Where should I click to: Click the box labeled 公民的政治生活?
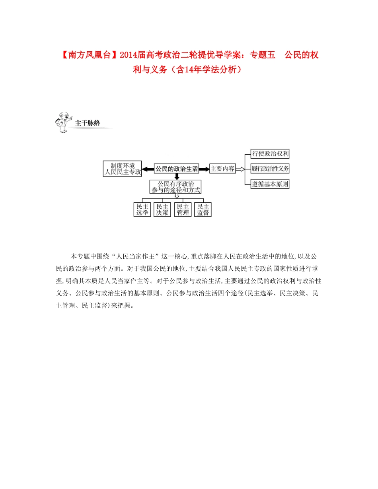pos(176,169)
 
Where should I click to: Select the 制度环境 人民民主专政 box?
pos(122,169)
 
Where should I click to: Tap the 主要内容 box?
pos(222,169)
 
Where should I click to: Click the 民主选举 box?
pos(142,210)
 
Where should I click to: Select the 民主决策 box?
pos(162,210)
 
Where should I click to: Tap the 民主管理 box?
pos(183,210)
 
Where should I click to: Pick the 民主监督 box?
pos(203,210)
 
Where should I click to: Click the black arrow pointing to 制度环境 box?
pos(148,169)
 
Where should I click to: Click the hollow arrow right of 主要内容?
pos(240,169)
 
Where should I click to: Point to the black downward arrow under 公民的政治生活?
pos(176,176)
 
